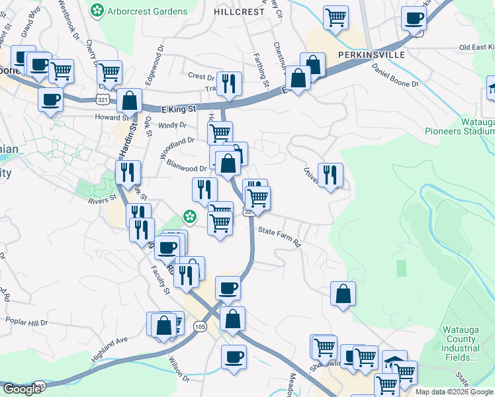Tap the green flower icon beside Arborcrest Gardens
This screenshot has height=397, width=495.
98,10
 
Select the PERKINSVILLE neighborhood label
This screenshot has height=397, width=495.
371,55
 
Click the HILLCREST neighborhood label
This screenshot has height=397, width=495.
239,12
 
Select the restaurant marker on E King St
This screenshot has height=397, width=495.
229,83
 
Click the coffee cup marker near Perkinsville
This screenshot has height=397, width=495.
414,19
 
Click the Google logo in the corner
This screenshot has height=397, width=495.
21,389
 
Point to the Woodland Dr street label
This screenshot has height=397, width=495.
181,140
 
